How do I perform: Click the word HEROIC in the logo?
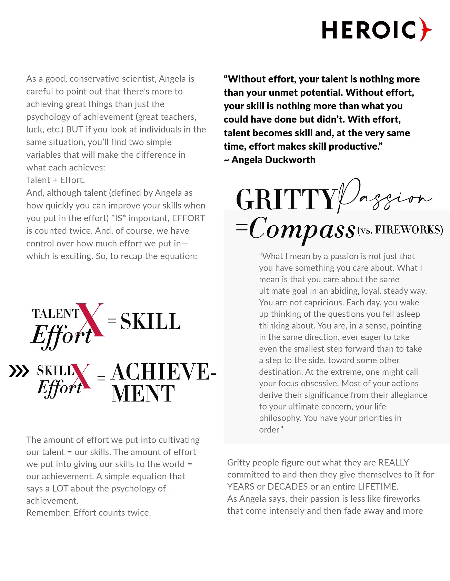[x=369, y=30]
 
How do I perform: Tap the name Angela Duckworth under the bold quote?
[x=273, y=160]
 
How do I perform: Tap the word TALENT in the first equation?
[x=56, y=314]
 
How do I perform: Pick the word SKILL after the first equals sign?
[x=150, y=321]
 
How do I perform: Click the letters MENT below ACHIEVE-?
[x=143, y=394]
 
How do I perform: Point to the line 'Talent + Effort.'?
[x=56, y=180]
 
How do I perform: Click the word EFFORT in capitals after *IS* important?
[x=188, y=218]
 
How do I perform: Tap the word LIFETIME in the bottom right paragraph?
[x=378, y=486]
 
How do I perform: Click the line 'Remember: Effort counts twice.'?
[x=89, y=513]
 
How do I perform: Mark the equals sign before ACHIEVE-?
[x=101, y=378]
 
